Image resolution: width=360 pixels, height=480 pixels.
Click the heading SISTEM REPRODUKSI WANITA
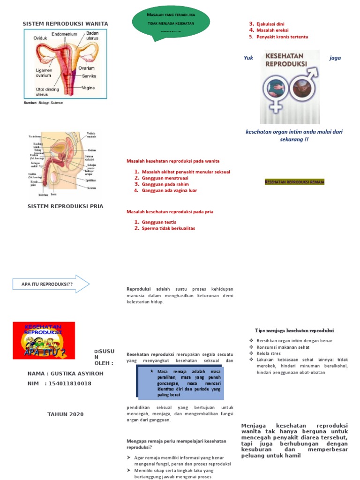66,23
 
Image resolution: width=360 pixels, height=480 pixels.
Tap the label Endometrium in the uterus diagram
64,34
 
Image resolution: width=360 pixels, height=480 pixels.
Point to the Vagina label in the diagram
89,87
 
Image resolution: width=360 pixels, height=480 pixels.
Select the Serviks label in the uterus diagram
90,75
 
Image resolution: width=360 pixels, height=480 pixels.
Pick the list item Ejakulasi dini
270,23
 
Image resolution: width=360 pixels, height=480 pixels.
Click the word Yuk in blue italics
248,58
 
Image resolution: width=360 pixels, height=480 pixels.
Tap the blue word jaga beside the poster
335,58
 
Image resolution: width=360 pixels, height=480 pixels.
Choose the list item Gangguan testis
159,222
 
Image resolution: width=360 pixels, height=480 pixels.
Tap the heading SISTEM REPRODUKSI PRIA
66,206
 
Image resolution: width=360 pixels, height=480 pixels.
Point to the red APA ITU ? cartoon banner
44,340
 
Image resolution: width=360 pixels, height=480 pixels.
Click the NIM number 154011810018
69,383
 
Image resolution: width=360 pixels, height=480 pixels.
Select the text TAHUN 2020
66,414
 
